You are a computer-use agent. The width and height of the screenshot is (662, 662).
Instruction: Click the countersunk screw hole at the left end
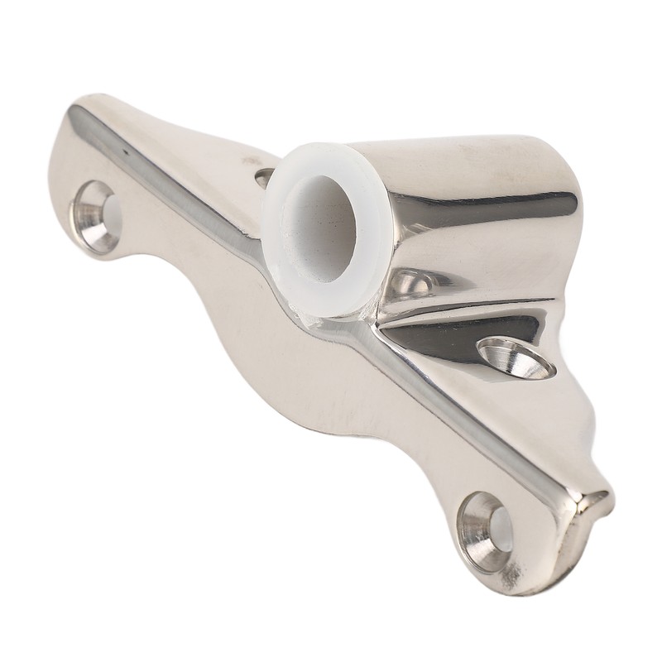click(x=97, y=216)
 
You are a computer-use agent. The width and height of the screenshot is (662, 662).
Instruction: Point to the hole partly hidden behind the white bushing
click(x=264, y=176)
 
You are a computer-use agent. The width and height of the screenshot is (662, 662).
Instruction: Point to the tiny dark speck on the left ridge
click(x=125, y=153)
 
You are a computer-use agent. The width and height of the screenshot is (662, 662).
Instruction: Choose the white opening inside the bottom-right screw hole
click(x=501, y=530)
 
